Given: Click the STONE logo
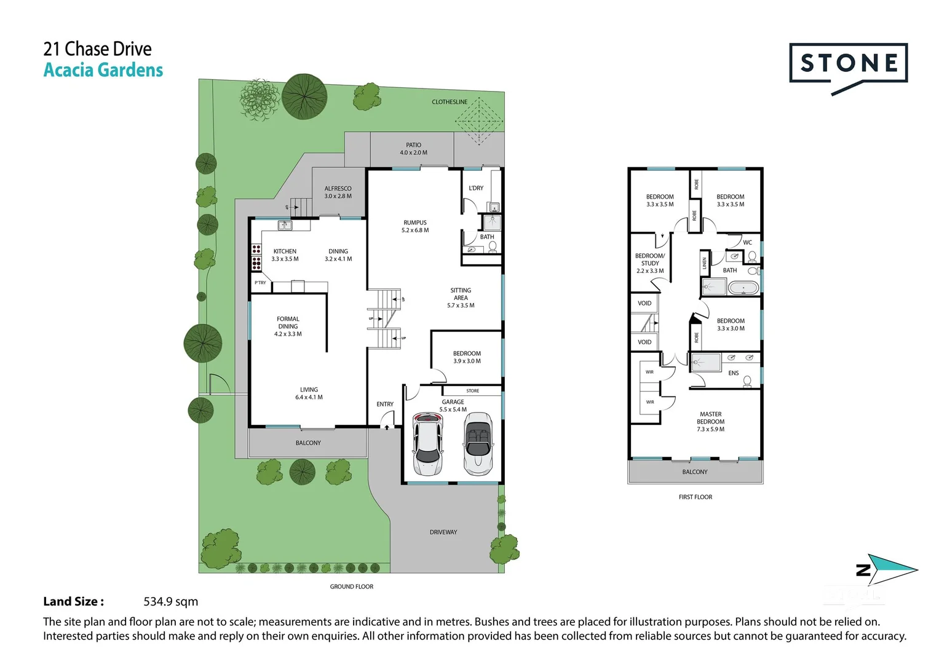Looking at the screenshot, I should [x=848, y=64].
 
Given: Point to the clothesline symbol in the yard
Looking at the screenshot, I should [x=478, y=121].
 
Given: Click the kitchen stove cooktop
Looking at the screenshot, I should [x=256, y=257].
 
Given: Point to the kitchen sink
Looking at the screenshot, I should [x=285, y=226].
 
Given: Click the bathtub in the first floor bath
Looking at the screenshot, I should [x=743, y=287].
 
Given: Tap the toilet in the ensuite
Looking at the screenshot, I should [x=747, y=381].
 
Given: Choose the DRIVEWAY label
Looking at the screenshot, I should [x=443, y=532].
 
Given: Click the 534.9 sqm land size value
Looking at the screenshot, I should [x=170, y=601].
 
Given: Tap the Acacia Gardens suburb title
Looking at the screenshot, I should [x=103, y=70].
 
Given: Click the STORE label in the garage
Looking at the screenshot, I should [x=472, y=390].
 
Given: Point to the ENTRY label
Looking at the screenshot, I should [x=385, y=404].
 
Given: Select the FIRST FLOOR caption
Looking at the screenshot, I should [x=695, y=497].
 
